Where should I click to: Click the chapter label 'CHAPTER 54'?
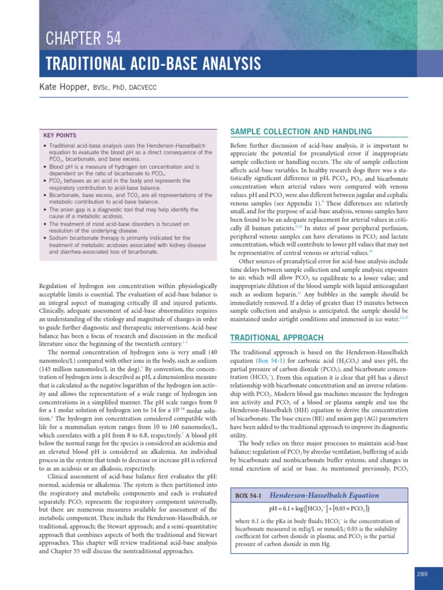click(84, 39)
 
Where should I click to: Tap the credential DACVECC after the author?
click(142, 88)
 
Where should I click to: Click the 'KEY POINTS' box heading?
click(60, 135)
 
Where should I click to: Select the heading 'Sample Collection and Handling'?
click(301, 132)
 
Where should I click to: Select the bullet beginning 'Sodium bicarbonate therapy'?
click(124, 244)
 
